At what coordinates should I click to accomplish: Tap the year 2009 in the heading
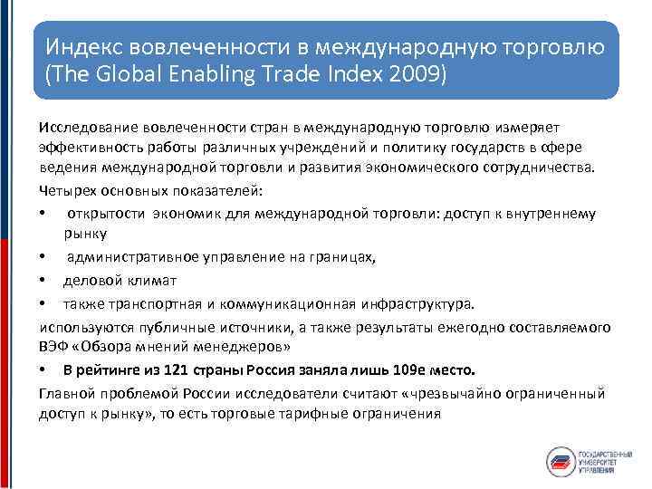pyautogui.click(x=423, y=72)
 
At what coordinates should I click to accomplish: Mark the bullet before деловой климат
pyautogui.click(x=44, y=281)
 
